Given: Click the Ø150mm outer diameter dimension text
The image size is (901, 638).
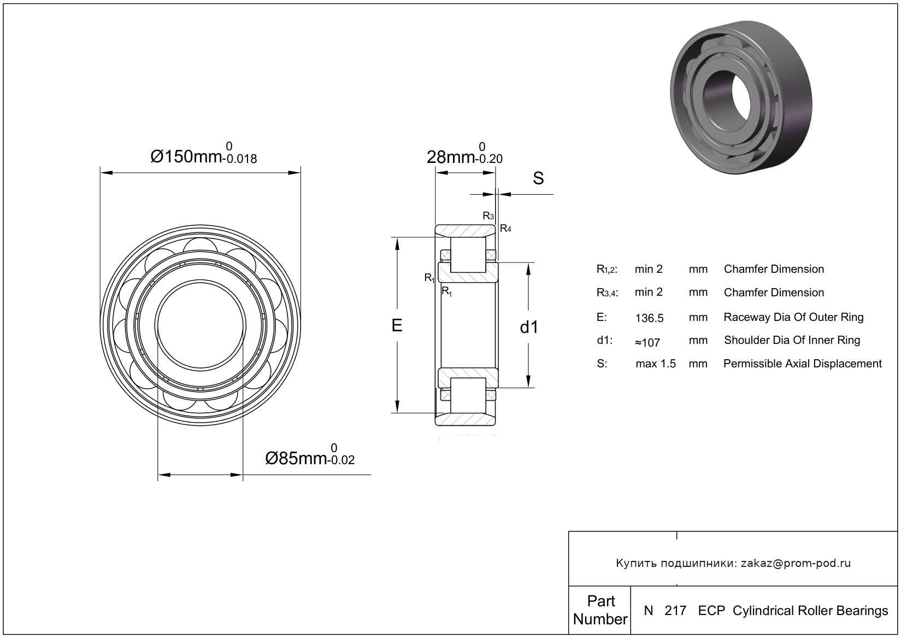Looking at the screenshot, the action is tap(203, 154).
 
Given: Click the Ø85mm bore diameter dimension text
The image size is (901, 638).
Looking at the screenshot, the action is tap(310, 455).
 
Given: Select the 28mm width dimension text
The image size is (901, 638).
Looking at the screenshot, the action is tap(464, 154).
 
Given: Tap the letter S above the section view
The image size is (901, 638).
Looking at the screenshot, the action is tap(538, 178).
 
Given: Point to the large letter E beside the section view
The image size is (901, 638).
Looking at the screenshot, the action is tap(397, 325).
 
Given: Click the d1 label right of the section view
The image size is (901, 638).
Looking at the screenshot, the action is tap(529, 327).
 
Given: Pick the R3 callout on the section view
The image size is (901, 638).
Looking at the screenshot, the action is tap(488, 216).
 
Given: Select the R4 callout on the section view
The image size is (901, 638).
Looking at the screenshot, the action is tap(505, 229).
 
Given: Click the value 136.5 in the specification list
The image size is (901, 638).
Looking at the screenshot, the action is tap(649, 318).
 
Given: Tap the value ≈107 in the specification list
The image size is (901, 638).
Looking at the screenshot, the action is tap(647, 343).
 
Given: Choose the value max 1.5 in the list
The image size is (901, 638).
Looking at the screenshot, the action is tap(656, 364).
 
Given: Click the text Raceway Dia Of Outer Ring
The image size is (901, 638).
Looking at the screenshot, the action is tap(793, 317).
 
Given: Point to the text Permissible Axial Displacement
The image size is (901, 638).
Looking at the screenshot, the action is tap(803, 364).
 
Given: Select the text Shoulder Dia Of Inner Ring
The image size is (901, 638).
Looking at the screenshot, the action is tap(792, 340).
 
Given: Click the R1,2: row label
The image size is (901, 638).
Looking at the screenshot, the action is tap(607, 269).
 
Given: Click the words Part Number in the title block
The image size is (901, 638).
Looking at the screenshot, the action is tap(600, 610).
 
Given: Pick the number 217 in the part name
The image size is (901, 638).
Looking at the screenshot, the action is tap(675, 611).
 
